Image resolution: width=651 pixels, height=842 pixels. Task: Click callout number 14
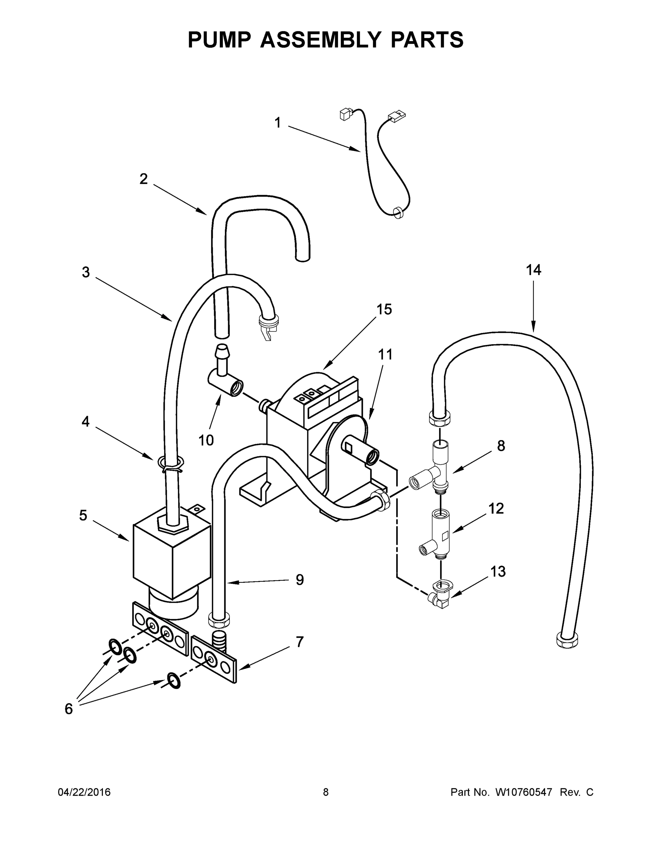pos(533,270)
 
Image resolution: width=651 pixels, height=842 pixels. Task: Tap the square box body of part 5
pos(170,555)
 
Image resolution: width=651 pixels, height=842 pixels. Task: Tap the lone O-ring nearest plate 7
pos(174,681)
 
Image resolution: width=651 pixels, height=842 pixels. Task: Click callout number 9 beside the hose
pos(300,590)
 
